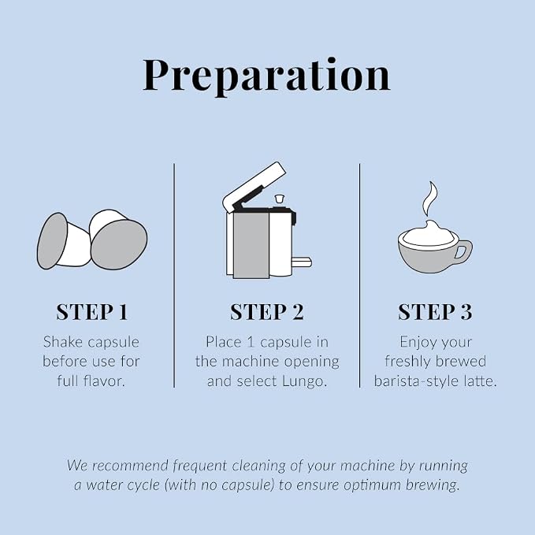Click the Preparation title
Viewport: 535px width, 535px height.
click(x=266, y=76)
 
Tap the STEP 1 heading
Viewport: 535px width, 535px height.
click(x=91, y=312)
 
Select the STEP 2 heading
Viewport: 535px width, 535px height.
click(x=267, y=312)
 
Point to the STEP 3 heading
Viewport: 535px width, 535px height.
click(x=435, y=312)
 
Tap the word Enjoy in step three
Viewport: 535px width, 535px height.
click(x=418, y=343)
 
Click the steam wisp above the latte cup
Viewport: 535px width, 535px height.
click(x=430, y=199)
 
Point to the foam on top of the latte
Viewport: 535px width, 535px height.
click(x=429, y=234)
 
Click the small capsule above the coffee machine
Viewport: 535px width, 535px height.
click(x=280, y=199)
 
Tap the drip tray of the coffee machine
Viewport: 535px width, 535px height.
click(x=302, y=262)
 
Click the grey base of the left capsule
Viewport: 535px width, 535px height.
click(x=52, y=240)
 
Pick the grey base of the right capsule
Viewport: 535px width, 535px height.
click(x=119, y=244)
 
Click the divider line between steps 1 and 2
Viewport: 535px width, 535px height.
click(x=174, y=275)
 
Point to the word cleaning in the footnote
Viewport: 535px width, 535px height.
click(x=258, y=466)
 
